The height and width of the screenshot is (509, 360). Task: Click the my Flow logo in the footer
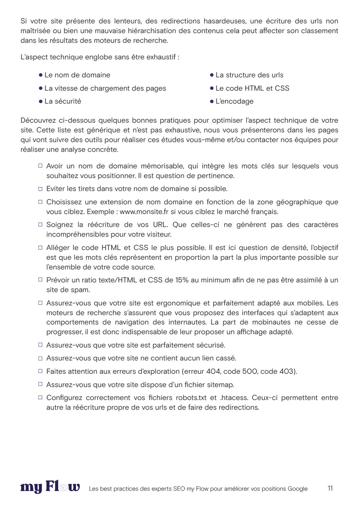(x=50, y=487)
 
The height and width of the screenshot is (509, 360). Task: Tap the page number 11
(x=330, y=488)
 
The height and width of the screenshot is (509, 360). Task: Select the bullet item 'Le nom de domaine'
(x=77, y=75)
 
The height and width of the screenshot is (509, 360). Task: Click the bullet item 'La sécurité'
(x=63, y=101)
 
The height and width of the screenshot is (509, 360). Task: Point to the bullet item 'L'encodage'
(x=234, y=101)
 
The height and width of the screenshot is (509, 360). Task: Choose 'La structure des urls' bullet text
(x=249, y=75)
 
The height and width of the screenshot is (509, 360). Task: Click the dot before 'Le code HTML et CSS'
(x=212, y=88)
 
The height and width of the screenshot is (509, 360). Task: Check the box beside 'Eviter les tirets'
(x=40, y=189)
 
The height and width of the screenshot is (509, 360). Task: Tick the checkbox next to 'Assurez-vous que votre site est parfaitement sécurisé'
(x=40, y=345)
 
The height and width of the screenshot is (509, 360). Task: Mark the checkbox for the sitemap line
(x=40, y=384)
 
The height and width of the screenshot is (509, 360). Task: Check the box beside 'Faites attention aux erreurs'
(x=40, y=371)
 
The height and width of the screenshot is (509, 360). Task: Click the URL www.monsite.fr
(x=144, y=212)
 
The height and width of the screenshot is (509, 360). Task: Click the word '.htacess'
(x=234, y=398)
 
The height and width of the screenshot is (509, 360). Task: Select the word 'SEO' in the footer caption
(x=179, y=489)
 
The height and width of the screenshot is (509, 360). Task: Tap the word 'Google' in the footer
(x=298, y=489)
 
